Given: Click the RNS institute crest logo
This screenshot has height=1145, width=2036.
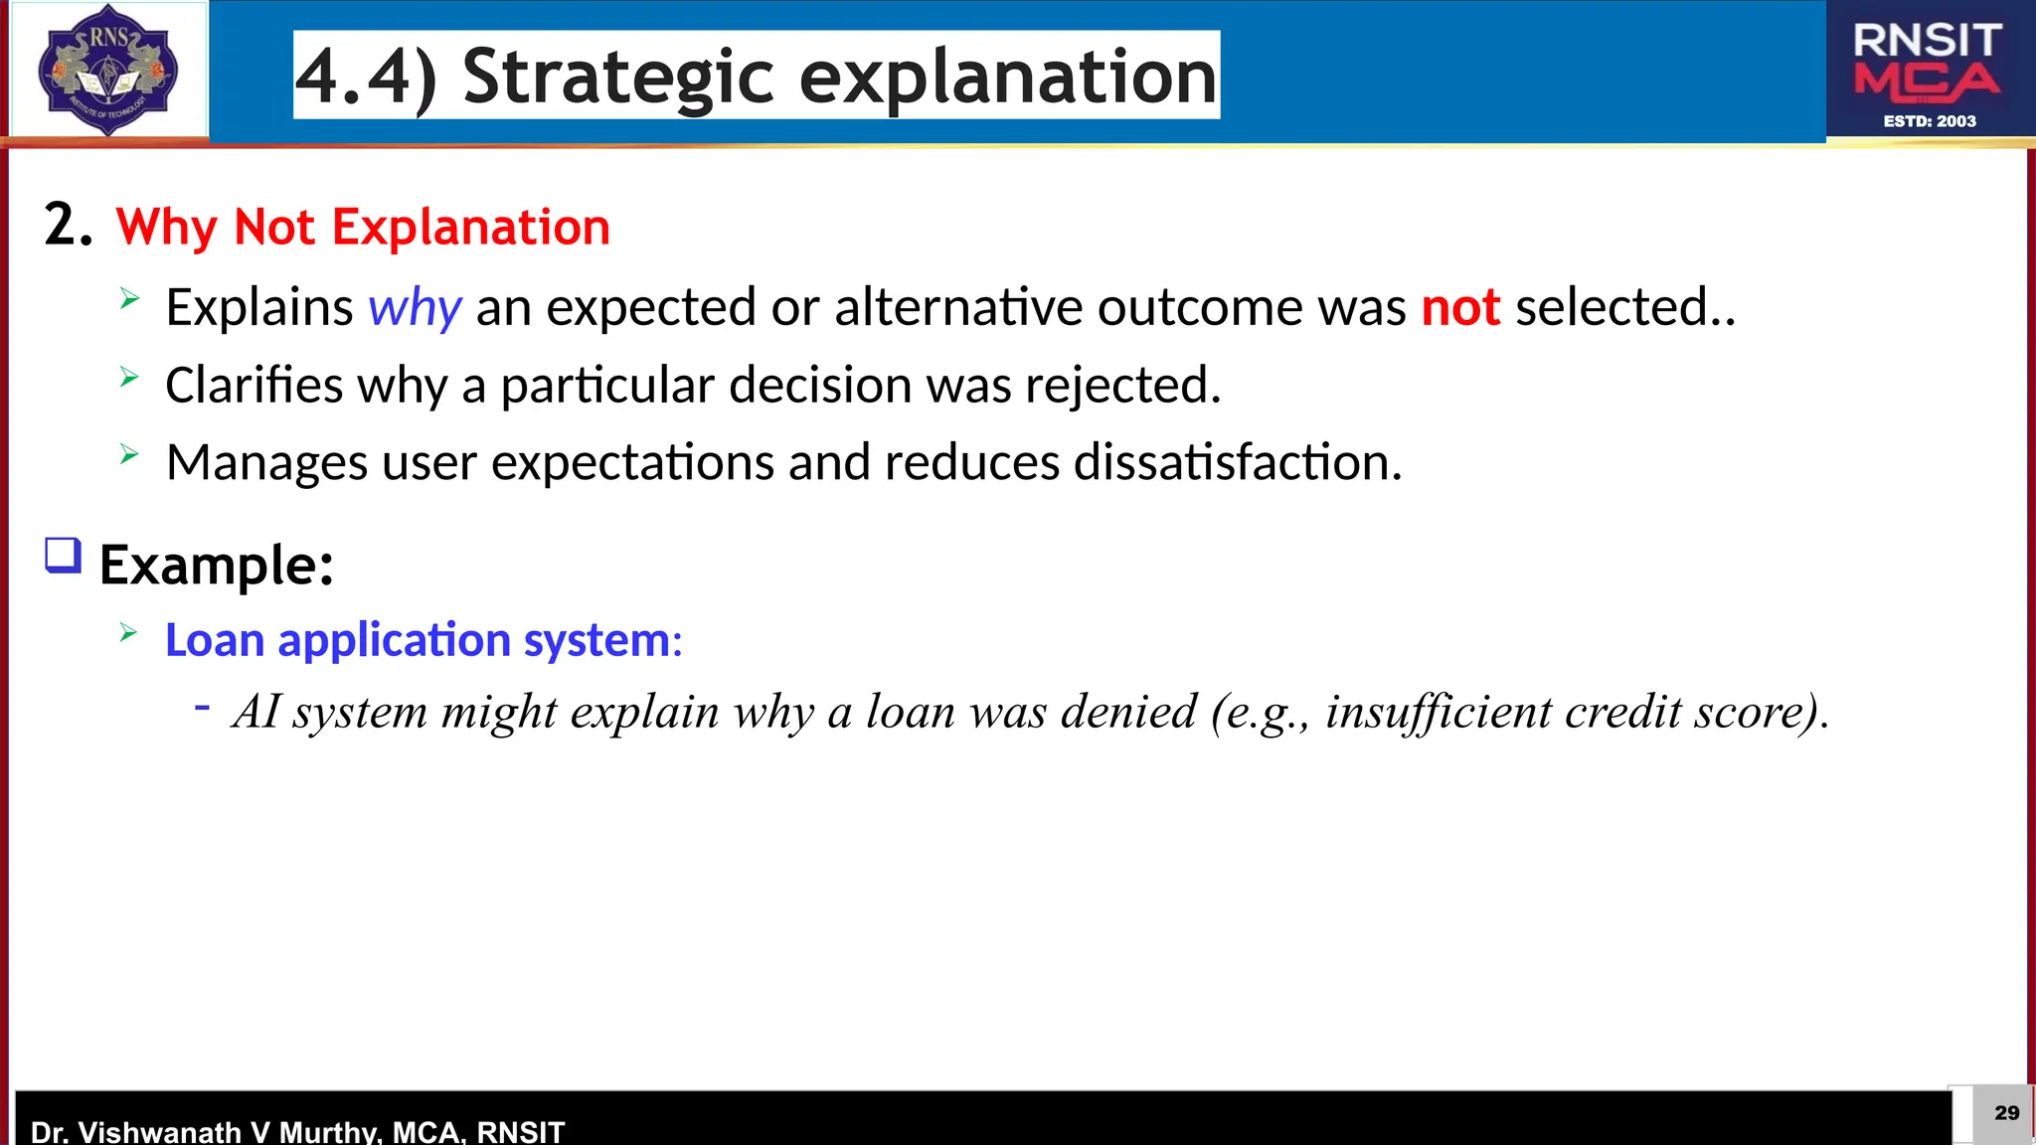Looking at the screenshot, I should [x=107, y=70].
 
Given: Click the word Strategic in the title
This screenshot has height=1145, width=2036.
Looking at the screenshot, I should [x=617, y=77].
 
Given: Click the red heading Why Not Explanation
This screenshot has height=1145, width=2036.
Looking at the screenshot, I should [x=363, y=227].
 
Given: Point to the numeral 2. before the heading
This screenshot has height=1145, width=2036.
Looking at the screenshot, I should [x=68, y=225].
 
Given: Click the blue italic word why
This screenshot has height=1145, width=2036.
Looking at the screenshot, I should [x=415, y=307].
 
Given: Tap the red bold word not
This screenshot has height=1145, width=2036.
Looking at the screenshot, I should [x=1459, y=307].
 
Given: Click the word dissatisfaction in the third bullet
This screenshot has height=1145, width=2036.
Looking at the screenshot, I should [x=1237, y=462].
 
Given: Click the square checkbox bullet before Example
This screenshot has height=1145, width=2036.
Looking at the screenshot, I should [x=63, y=556].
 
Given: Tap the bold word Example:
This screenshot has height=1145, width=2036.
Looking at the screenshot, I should [x=217, y=566].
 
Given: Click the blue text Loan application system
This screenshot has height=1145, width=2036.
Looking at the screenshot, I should [x=423, y=640].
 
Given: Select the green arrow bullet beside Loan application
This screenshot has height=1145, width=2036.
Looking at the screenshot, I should [x=128, y=632].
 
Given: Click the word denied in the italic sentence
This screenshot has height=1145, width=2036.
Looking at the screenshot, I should [x=1128, y=712].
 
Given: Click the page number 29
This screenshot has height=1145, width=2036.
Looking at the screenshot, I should [x=2006, y=1112].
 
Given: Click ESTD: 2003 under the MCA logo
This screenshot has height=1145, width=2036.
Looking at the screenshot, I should [x=1930, y=121].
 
